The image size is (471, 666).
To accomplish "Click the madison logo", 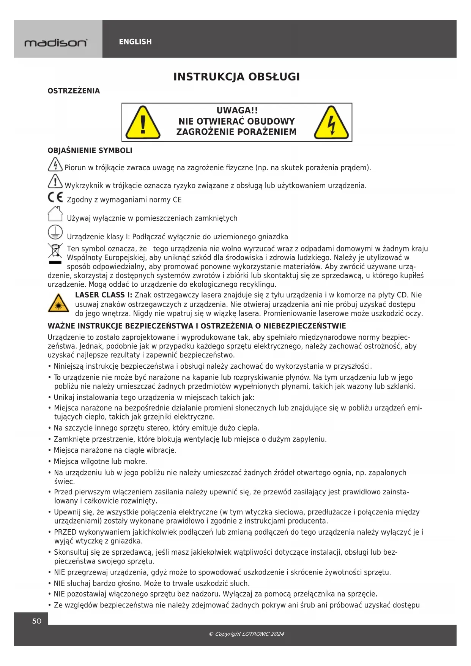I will click(56, 43).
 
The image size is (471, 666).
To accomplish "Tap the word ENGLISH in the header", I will click(135, 42).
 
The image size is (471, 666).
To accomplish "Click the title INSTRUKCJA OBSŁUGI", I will click(236, 77).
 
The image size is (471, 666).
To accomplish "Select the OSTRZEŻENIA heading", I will click(74, 91).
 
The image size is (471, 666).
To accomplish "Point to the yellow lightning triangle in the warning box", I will click(331, 123).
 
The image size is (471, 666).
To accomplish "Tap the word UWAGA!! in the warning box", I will click(237, 110).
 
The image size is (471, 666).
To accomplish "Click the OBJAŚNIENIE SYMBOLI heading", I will click(90, 150).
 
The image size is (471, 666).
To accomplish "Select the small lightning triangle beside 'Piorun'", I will click(55, 165).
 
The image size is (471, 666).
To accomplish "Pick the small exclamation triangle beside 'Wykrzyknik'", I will click(55, 181).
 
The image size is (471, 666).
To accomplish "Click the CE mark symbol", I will click(55, 197).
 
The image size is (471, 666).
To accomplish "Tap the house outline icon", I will click(55, 214).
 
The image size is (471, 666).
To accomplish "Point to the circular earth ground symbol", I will click(55, 232).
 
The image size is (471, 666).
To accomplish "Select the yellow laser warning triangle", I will click(58, 303).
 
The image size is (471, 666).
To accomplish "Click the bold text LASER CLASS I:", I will click(104, 295).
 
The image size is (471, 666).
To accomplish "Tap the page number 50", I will click(37, 621).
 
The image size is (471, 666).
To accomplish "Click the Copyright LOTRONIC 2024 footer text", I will click(246, 634).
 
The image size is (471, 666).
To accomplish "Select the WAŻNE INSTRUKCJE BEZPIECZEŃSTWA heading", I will click(197, 326).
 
